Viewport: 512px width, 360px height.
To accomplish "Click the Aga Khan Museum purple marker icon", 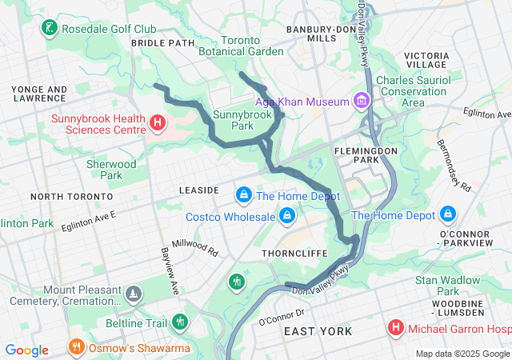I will coord(362,102).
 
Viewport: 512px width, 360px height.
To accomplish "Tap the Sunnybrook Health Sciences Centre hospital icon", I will coord(158,123).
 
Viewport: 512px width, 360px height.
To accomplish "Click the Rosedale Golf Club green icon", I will coord(50,29).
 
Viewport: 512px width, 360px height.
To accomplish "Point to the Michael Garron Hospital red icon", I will coord(395,327).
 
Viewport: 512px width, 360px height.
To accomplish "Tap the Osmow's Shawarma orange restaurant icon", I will coord(77,348).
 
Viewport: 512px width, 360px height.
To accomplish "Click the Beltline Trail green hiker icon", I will coord(180,322).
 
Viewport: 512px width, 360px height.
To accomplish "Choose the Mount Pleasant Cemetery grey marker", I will coord(134,294).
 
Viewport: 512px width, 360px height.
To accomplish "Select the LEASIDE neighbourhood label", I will coord(199,190).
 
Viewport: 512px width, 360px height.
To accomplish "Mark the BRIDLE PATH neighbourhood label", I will coord(162,42).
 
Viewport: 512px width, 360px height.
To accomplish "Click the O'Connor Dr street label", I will coord(282,317).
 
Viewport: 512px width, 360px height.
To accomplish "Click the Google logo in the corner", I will coord(27,350).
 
